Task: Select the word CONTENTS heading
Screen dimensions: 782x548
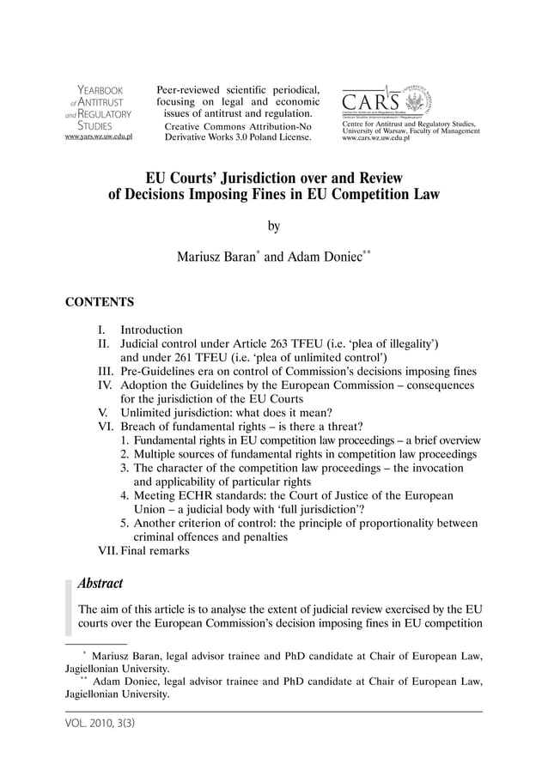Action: [x=100, y=302]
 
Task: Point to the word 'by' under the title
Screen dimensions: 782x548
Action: [x=274, y=227]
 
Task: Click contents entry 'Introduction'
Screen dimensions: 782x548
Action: [x=151, y=330]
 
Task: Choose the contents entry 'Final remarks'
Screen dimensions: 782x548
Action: [x=155, y=551]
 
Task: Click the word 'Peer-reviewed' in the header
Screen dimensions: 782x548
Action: [x=190, y=89]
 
